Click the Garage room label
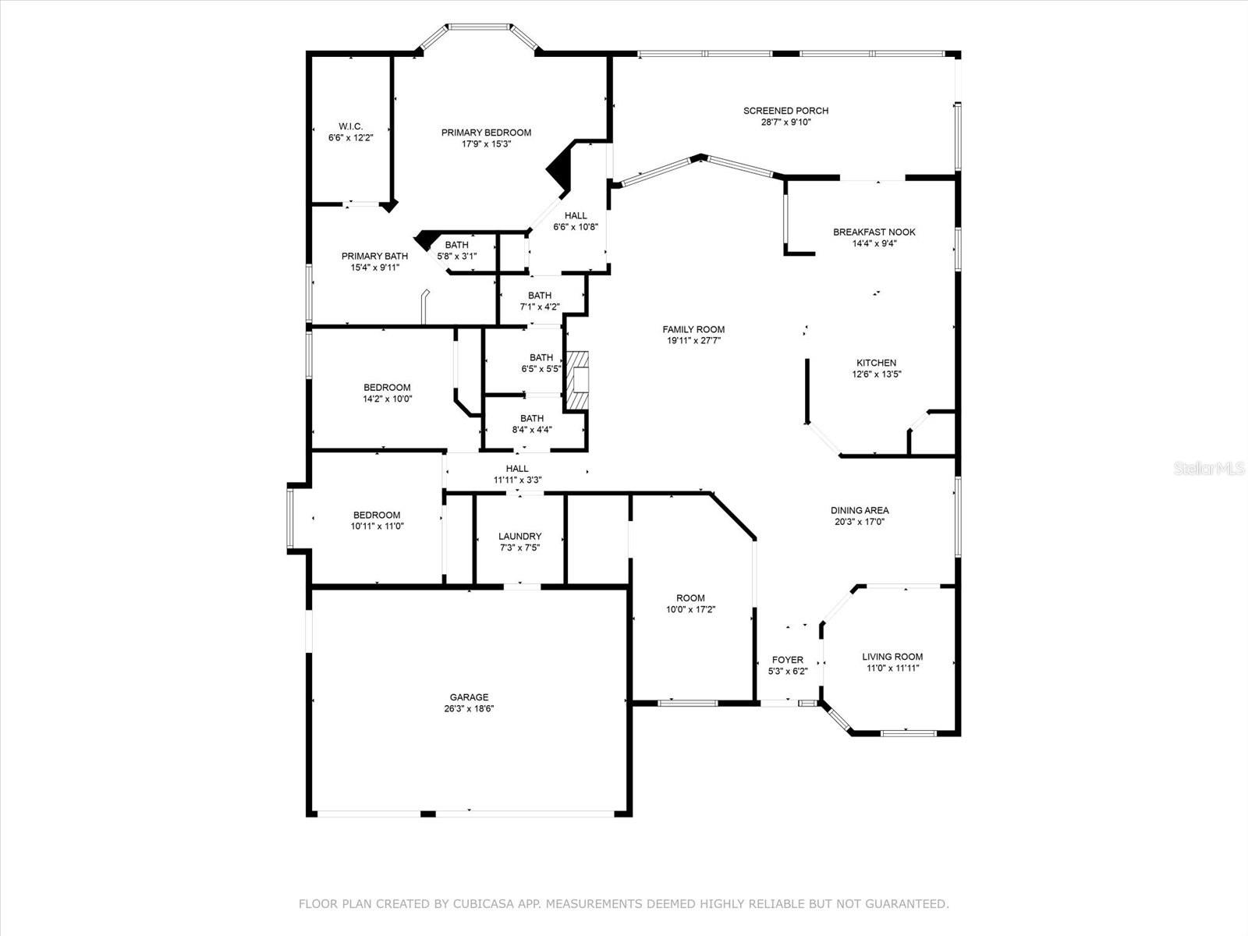(469, 697)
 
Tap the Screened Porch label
(785, 110)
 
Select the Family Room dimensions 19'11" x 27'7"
(693, 340)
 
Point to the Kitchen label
(876, 363)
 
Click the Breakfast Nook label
(874, 232)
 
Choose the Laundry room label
(519, 536)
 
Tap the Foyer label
(788, 659)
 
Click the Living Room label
(892, 657)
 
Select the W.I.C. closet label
(350, 126)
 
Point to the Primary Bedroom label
(486, 133)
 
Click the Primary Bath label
(374, 256)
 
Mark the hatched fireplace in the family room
(576, 380)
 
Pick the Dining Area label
(859, 510)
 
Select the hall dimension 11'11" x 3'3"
(517, 480)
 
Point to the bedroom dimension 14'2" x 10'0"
(387, 399)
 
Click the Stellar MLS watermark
(1209, 468)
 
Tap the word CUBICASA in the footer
(480, 903)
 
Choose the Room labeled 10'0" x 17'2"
(690, 603)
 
